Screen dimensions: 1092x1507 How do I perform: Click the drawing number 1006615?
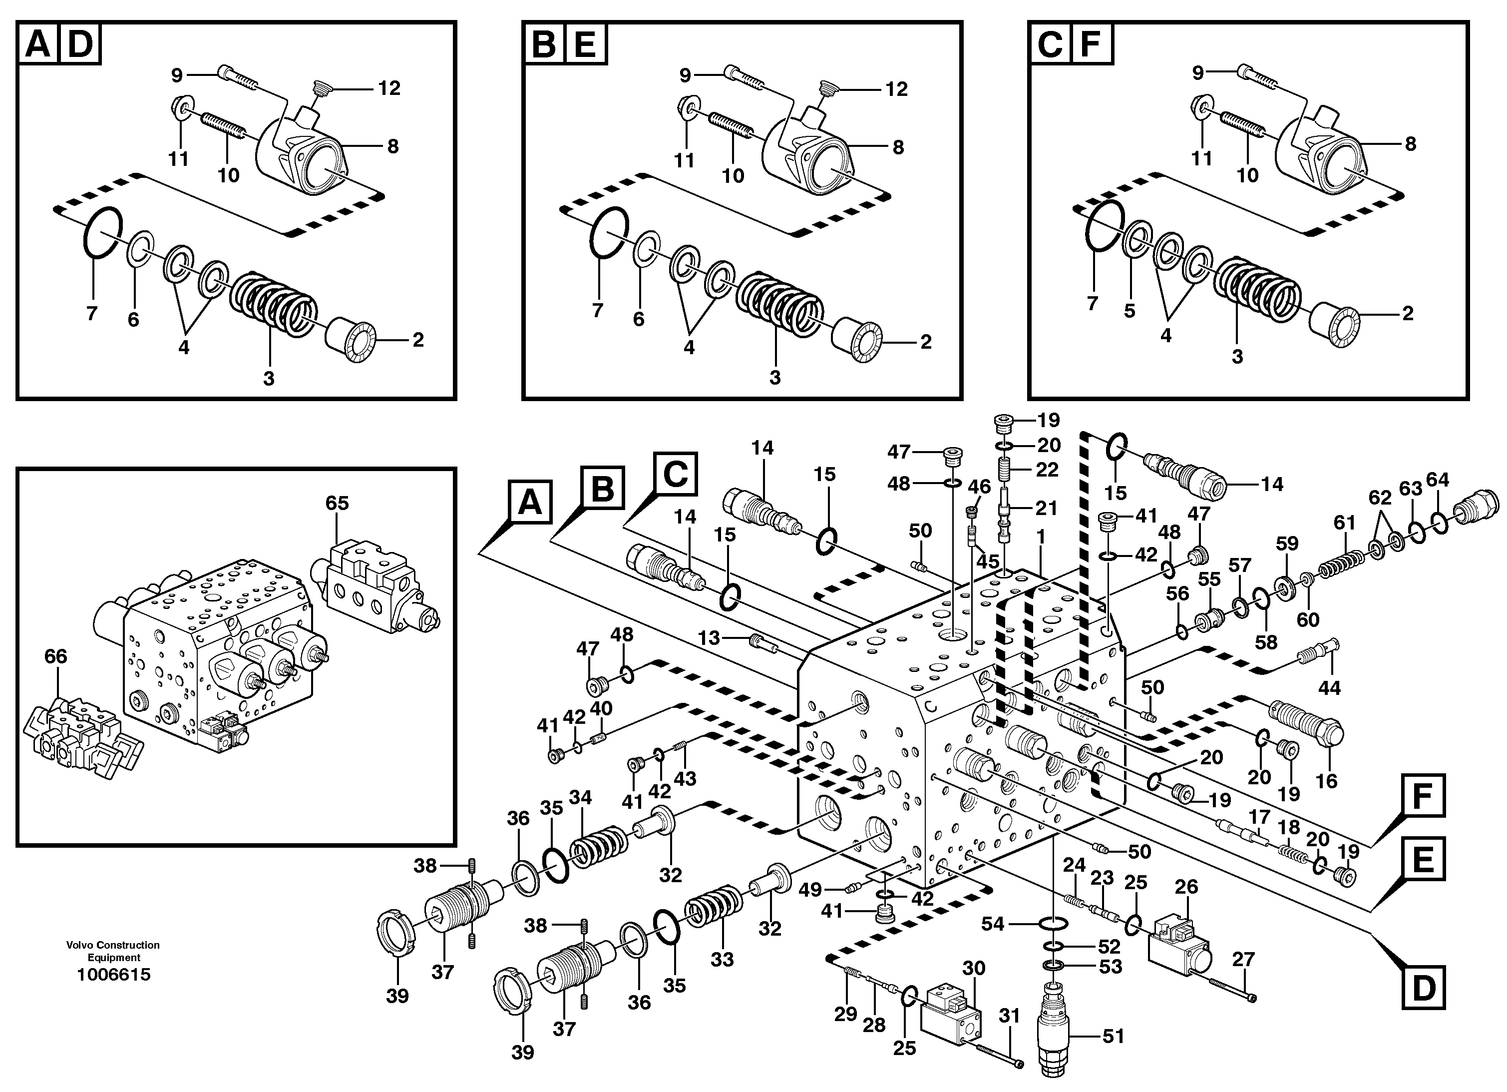(114, 975)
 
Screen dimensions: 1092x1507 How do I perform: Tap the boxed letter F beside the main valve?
(1423, 795)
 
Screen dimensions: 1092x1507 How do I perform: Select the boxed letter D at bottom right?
(1423, 988)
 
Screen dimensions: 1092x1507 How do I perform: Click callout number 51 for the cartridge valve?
(1113, 1036)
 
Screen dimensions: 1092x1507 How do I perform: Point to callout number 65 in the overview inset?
(337, 503)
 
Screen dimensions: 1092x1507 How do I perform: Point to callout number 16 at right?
(1326, 781)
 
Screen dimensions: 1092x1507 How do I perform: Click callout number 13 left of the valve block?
(709, 638)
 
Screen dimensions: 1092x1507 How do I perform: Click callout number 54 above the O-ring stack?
(993, 923)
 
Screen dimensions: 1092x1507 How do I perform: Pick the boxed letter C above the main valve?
(675, 475)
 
